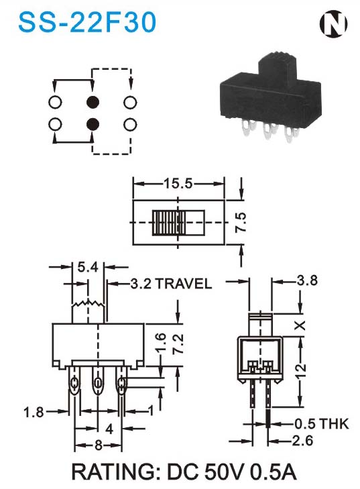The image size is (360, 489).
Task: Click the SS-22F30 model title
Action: pyautogui.click(x=87, y=22)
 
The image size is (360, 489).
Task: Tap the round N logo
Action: pyautogui.click(x=333, y=24)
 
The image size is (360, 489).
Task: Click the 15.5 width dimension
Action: pyautogui.click(x=178, y=183)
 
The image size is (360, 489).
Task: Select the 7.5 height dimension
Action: pyautogui.click(x=241, y=222)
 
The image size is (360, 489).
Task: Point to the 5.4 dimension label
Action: pyautogui.click(x=88, y=267)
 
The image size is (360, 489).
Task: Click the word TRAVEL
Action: pyautogui.click(x=184, y=284)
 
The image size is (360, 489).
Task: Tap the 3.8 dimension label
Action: pyautogui.click(x=307, y=280)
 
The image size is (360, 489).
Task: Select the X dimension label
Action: pyautogui.click(x=300, y=325)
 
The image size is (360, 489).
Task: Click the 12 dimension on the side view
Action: pyautogui.click(x=300, y=372)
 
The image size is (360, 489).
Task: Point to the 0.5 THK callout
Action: pyautogui.click(x=322, y=424)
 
